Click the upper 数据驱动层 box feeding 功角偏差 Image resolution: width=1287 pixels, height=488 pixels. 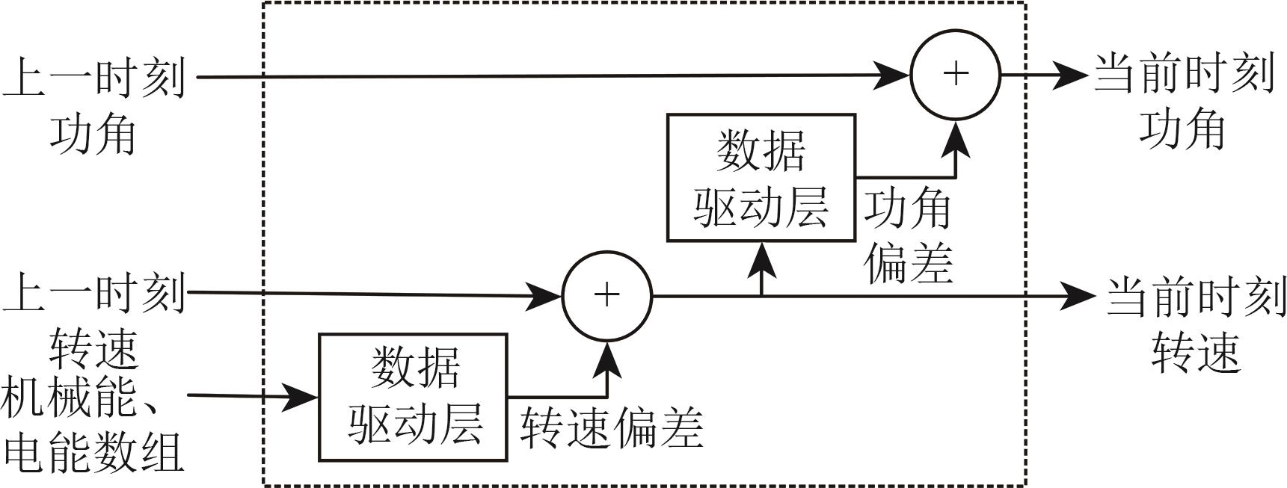(761, 178)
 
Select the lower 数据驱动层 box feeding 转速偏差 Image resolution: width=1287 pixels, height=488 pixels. (413, 397)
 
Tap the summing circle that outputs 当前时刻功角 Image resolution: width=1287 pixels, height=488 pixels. (955, 74)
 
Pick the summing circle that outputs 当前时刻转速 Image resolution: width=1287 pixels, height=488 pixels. (606, 296)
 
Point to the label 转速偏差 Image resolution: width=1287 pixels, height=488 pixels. (612, 427)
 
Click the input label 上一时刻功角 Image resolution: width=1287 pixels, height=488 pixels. (93, 105)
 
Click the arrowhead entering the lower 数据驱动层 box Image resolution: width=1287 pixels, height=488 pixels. (303, 396)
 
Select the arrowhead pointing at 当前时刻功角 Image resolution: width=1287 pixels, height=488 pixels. (1069, 75)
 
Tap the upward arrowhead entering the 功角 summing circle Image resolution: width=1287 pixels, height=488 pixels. (956, 139)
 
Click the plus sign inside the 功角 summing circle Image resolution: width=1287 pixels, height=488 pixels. (956, 73)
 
